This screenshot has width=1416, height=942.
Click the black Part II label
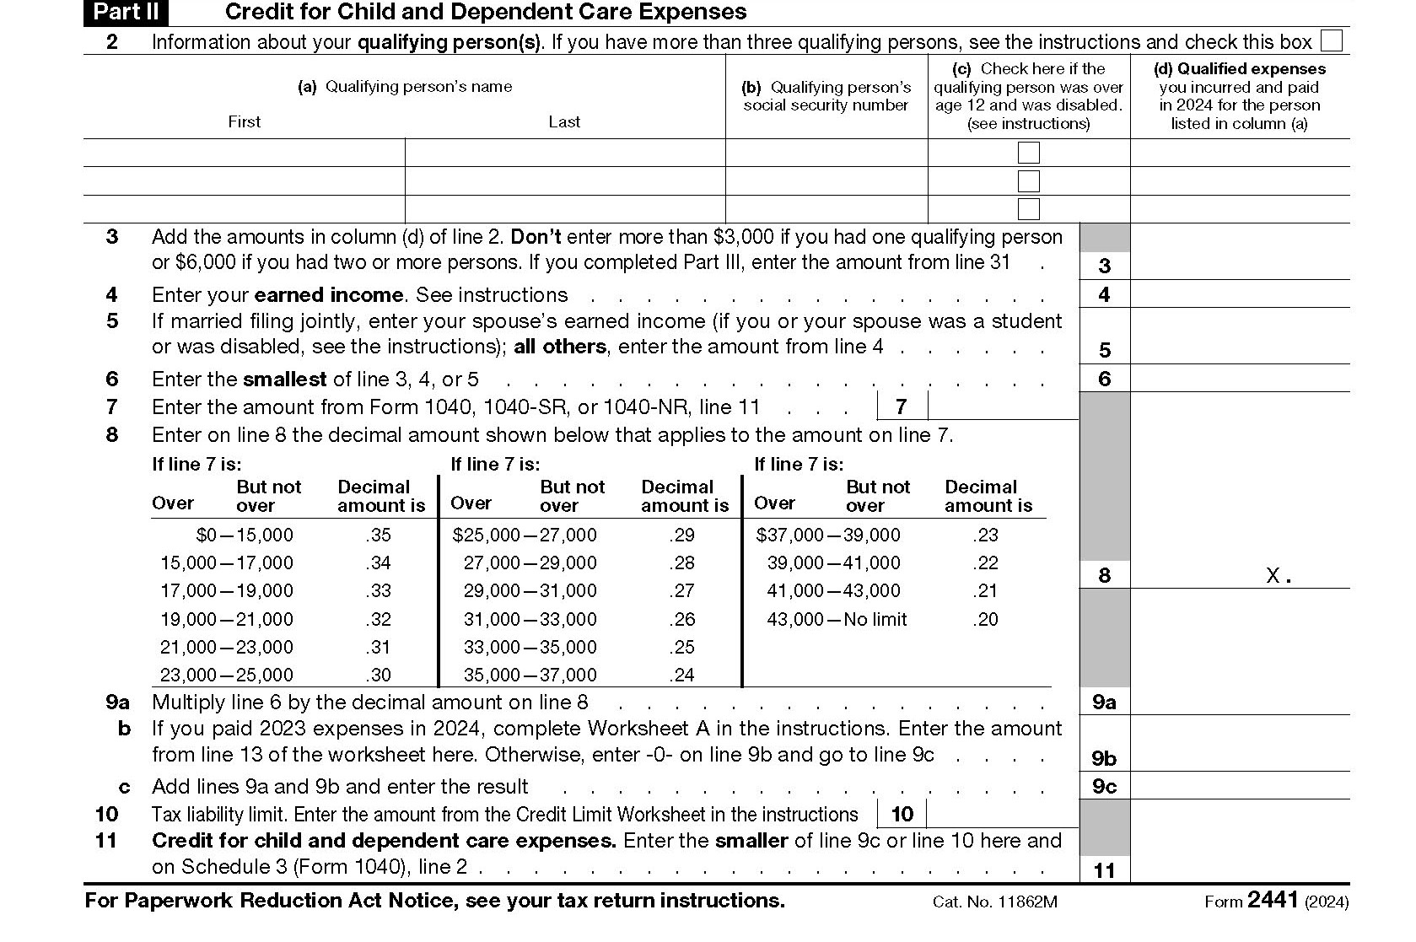click(x=126, y=12)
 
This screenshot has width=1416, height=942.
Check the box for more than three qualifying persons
click(x=1332, y=41)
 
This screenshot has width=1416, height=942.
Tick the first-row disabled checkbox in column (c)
click(x=1028, y=153)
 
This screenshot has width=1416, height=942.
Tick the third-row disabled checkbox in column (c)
click(x=1028, y=208)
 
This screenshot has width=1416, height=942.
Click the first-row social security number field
click(x=826, y=153)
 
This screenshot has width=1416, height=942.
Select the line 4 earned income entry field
click(x=1239, y=294)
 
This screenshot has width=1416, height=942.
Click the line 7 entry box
click(x=1002, y=406)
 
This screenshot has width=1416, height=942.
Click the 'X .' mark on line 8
click(x=1279, y=576)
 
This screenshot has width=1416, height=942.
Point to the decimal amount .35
click(x=379, y=535)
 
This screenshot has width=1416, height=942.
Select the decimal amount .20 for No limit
click(x=985, y=619)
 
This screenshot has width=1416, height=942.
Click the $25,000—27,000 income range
click(x=525, y=535)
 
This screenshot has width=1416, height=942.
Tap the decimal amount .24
click(x=681, y=675)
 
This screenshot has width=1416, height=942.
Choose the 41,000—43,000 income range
click(x=833, y=590)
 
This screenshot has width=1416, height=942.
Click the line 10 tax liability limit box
click(x=1002, y=814)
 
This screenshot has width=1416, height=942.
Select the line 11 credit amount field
click(x=1239, y=869)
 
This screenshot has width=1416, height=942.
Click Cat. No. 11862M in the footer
click(x=994, y=902)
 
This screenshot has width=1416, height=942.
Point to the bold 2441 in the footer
click(x=1273, y=900)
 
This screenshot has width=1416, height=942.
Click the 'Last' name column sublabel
click(x=563, y=121)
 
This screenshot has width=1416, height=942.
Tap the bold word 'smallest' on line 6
click(x=285, y=379)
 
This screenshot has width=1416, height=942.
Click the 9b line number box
click(x=1104, y=758)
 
